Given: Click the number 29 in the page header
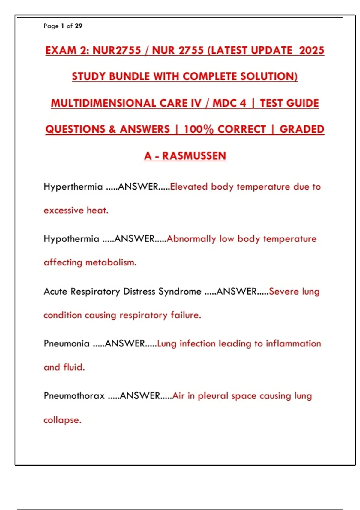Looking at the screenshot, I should click(x=79, y=26).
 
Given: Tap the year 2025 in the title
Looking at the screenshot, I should click(x=312, y=50).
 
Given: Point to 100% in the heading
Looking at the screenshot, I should click(x=199, y=129).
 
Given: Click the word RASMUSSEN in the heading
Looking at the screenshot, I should click(x=194, y=156).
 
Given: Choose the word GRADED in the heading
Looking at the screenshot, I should click(x=302, y=129).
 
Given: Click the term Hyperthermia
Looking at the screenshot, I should click(x=73, y=187).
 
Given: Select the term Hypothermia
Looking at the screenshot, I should click(x=71, y=239).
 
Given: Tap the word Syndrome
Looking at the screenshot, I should click(x=180, y=291).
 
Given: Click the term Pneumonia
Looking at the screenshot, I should click(x=67, y=343).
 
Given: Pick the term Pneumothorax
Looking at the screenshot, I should click(x=74, y=396).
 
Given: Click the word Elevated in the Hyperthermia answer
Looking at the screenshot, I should click(x=189, y=187).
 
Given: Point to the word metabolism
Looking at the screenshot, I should click(x=111, y=262).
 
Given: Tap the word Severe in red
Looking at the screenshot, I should click(x=284, y=291).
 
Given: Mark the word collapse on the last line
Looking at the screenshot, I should click(x=62, y=420).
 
